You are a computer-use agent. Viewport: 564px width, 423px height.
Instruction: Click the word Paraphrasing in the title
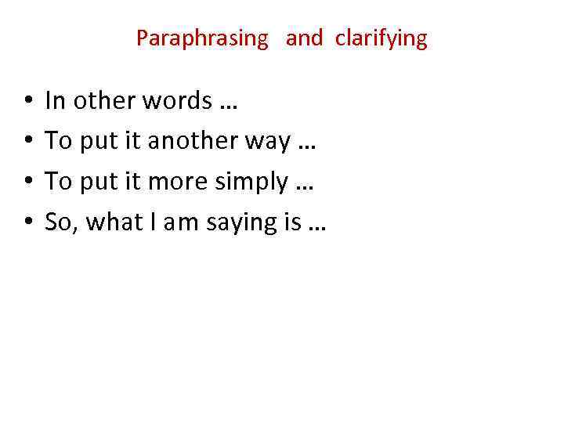[202, 39]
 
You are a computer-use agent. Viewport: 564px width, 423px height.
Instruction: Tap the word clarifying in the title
[381, 39]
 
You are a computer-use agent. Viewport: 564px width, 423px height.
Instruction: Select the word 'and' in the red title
[304, 38]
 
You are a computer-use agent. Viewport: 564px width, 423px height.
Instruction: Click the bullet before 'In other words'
[27, 101]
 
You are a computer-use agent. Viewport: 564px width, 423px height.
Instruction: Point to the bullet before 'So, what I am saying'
[27, 223]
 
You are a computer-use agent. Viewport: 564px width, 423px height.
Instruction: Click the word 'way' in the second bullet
[269, 143]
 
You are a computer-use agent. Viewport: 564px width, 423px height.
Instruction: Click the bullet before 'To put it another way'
[27, 142]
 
